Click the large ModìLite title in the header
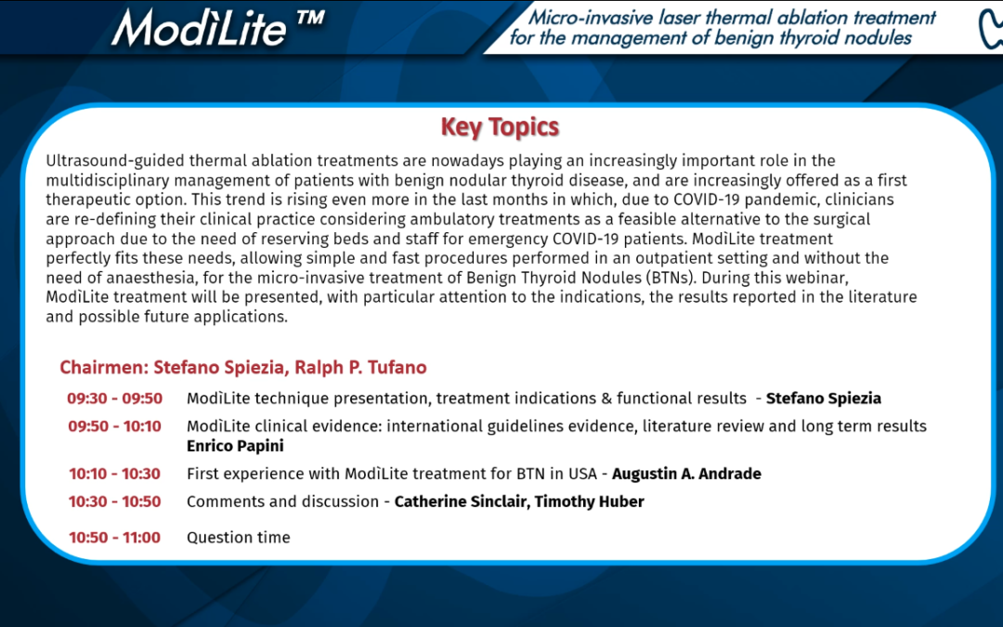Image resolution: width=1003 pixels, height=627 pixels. tap(199, 27)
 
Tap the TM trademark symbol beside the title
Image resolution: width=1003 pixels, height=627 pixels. tap(310, 18)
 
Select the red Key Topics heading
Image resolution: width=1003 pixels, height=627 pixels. tap(500, 126)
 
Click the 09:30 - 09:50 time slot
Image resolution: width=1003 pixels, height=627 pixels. tap(114, 398)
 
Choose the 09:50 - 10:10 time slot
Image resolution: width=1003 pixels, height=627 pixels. tap(114, 426)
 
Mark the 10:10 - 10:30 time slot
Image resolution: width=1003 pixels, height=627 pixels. tap(114, 474)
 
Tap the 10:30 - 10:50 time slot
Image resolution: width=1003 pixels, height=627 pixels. tap(114, 502)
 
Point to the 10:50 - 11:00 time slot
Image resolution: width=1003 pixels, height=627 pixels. tap(114, 538)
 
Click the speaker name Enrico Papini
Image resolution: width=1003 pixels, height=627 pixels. tap(235, 446)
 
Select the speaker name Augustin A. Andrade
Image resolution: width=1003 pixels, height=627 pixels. tap(686, 474)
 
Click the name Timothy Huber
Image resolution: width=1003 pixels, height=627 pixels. tap(589, 502)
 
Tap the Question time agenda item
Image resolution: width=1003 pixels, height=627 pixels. tap(238, 538)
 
